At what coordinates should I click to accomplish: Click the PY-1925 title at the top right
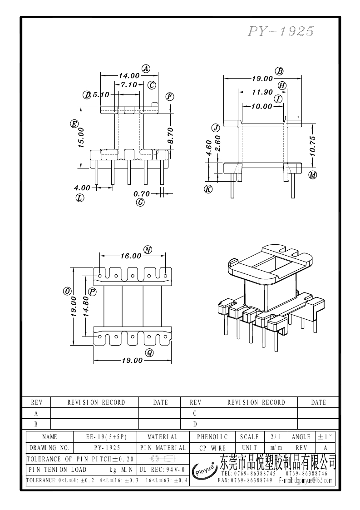click(281, 31)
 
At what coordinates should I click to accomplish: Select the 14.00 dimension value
click(129, 76)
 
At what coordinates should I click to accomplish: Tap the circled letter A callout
click(146, 69)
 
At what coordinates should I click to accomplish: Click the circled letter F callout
click(170, 96)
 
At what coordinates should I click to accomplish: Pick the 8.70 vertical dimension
click(171, 136)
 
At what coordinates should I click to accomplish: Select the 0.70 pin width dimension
click(141, 194)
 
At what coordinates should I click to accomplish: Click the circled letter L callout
click(80, 198)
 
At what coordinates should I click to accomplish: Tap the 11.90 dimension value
click(262, 93)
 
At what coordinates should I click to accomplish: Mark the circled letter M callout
click(312, 175)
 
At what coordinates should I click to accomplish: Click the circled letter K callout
click(208, 189)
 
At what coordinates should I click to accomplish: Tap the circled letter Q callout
click(149, 352)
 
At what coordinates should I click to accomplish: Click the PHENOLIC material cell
click(212, 437)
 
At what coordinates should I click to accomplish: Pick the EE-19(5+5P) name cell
click(106, 437)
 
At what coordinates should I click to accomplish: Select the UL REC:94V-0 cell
click(162, 469)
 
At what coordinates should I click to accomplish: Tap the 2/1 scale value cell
click(276, 437)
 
